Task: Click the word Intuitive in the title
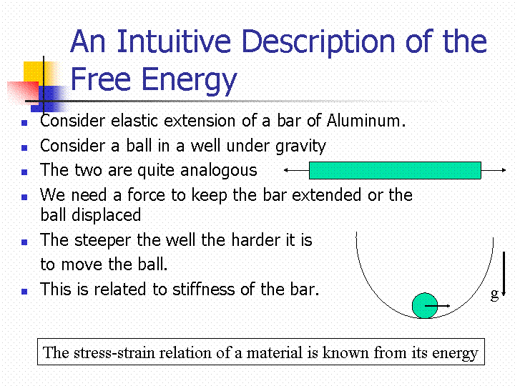click(x=174, y=41)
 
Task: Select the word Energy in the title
click(x=189, y=81)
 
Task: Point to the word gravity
click(x=300, y=147)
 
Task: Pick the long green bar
click(x=395, y=170)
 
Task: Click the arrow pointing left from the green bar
click(x=297, y=170)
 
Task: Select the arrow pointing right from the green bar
click(x=494, y=170)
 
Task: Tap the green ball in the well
click(x=425, y=306)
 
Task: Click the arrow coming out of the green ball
click(x=437, y=306)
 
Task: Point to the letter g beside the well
click(x=494, y=294)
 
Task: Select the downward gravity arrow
click(x=504, y=274)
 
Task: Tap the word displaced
click(x=107, y=215)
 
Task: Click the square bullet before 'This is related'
click(x=24, y=292)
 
